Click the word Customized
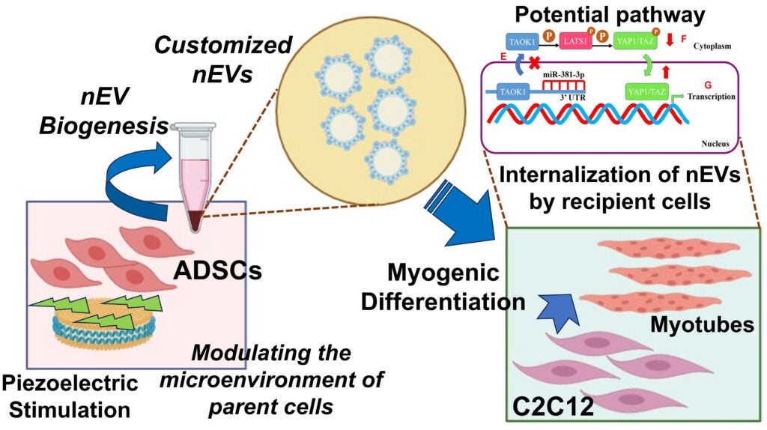coord(223,45)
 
